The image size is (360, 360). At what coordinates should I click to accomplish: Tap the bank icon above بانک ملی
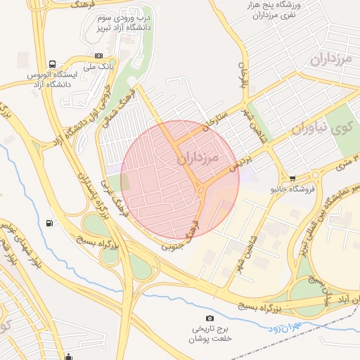(98, 56)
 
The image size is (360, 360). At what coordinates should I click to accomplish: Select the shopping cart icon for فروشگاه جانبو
(292, 178)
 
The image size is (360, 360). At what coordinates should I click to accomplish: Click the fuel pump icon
(49, 224)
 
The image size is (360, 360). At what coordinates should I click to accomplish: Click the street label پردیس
(241, 163)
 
